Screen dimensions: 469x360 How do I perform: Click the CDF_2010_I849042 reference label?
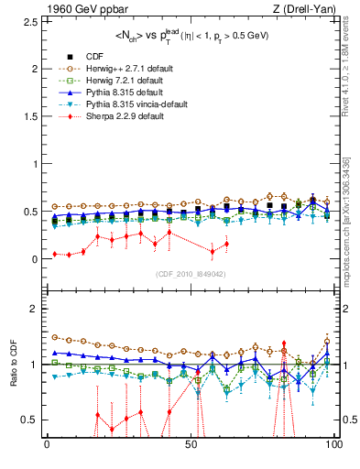(x=191, y=274)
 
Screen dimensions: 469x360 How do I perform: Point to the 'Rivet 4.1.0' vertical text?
(x=351, y=73)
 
